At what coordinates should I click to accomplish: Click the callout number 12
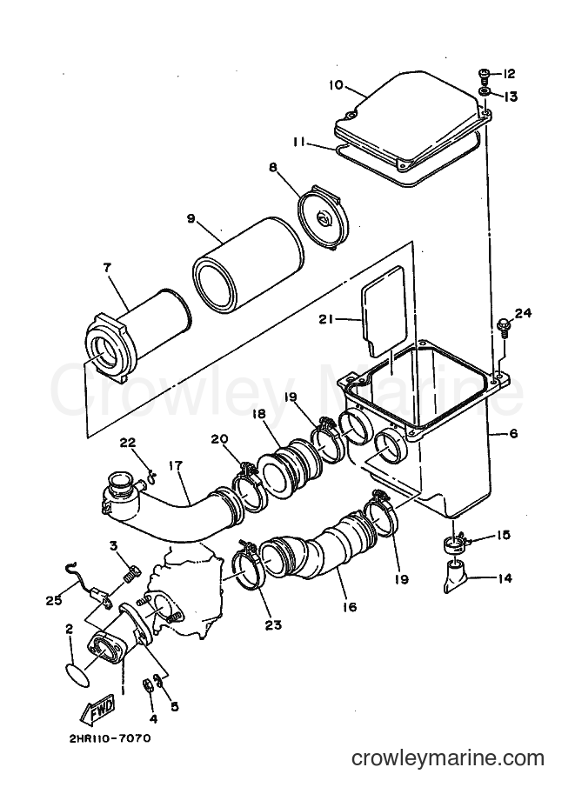pos(509,74)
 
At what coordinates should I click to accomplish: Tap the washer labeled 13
pos(485,92)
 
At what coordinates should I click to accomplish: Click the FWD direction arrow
pos(97,708)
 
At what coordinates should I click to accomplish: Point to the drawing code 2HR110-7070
pos(110,738)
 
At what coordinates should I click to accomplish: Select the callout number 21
pos(327,319)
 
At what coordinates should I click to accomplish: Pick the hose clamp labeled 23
pos(247,571)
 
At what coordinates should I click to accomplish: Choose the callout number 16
pos(350,606)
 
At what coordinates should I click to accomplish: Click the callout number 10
pos(336,84)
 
